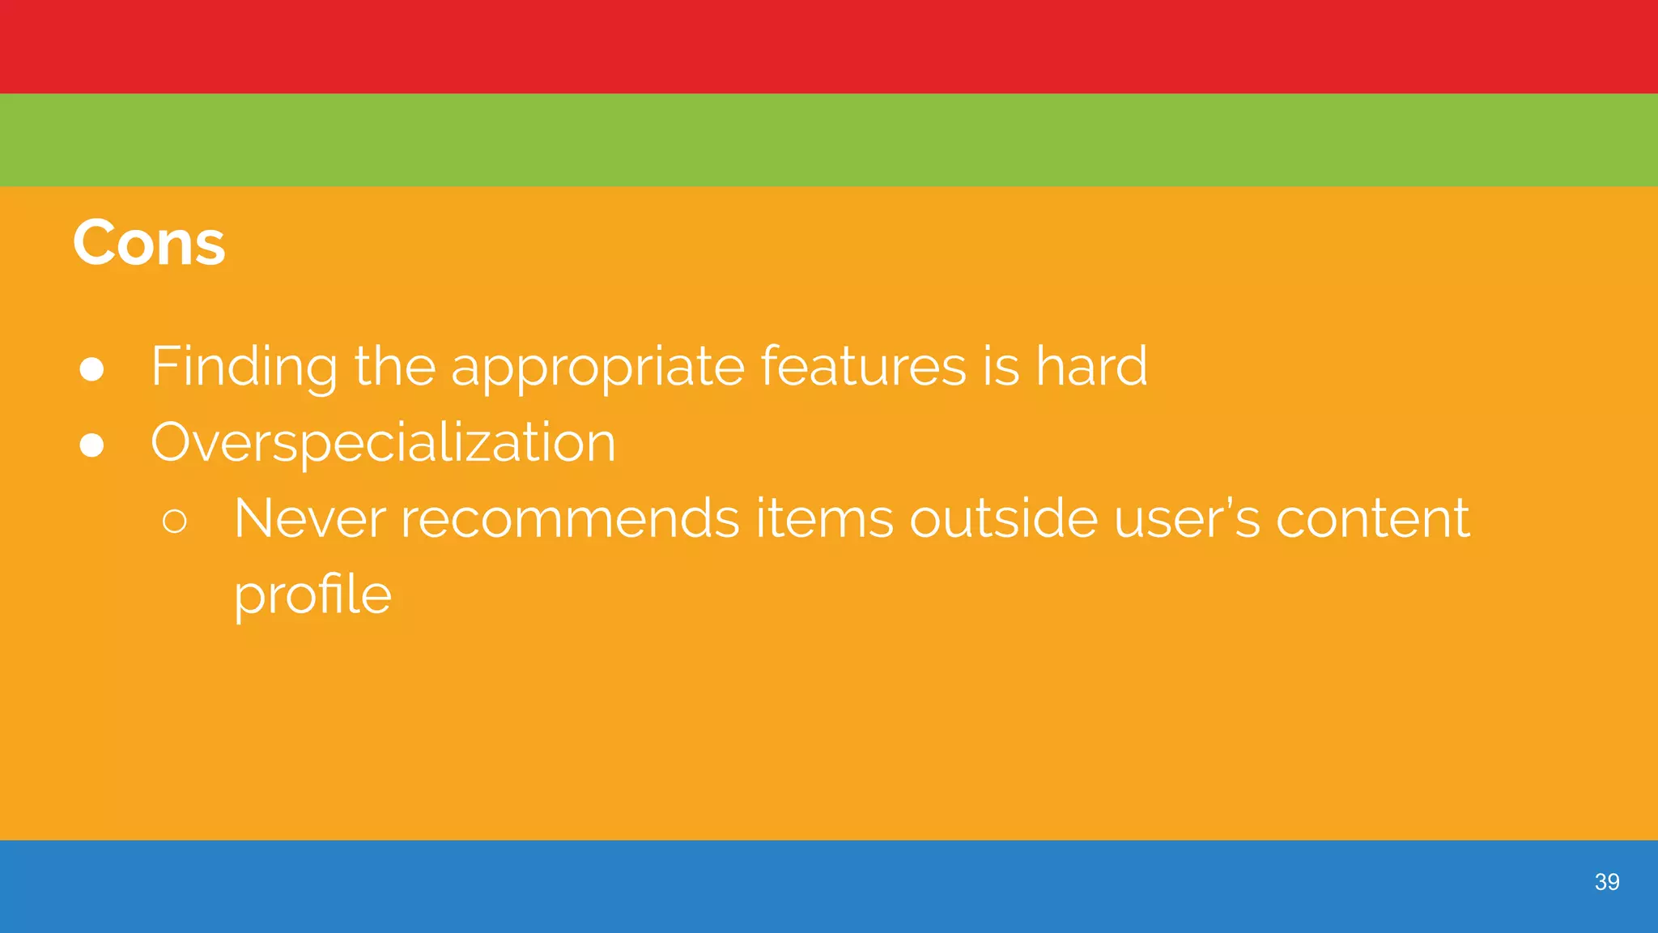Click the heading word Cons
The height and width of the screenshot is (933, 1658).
point(149,243)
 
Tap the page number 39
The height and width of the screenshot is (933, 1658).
point(1606,882)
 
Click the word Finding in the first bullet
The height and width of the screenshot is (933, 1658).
point(244,367)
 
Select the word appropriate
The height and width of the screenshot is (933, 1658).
point(597,369)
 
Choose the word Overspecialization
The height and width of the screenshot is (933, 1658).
point(383,443)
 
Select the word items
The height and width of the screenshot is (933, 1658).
point(824,518)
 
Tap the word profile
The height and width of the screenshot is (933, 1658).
point(312,595)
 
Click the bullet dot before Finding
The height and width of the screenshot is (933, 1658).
point(92,369)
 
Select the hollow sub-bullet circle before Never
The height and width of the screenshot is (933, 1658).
point(175,521)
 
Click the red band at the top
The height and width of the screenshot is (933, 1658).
point(829,46)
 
